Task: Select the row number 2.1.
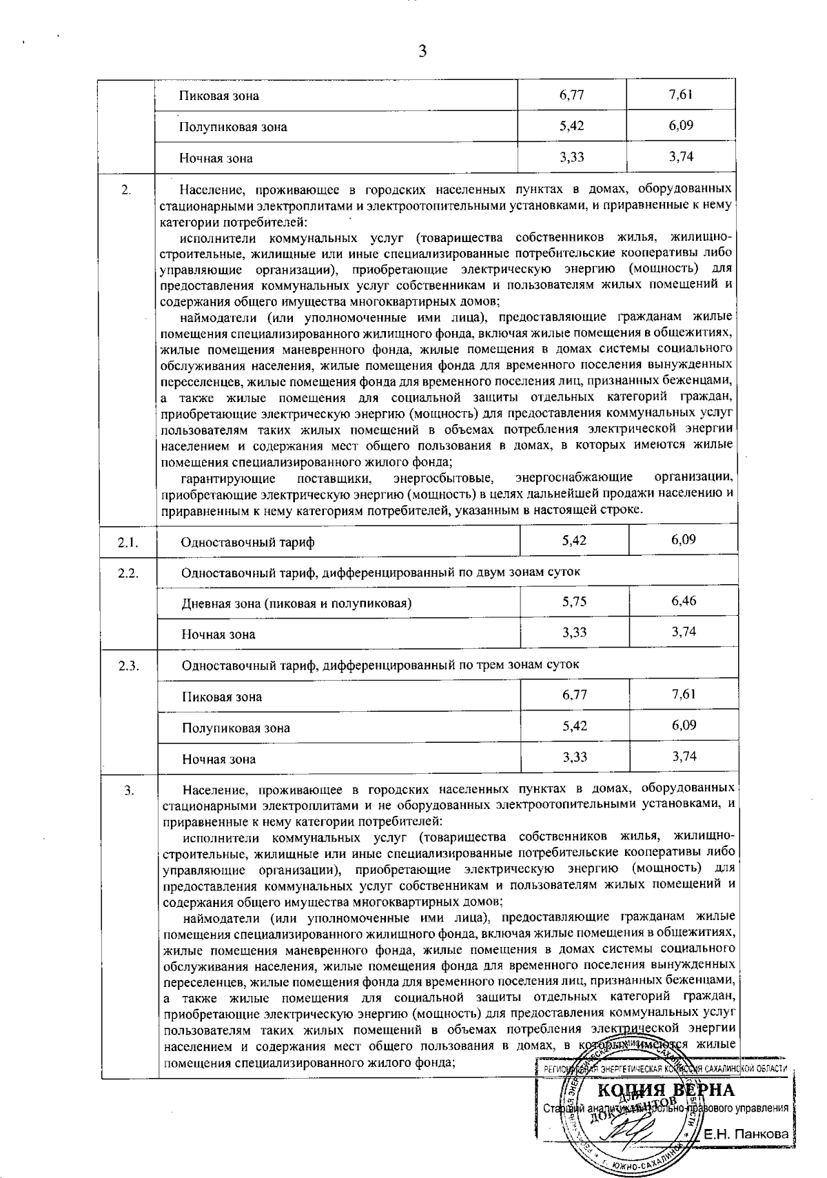click(128, 542)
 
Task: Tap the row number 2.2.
click(128, 572)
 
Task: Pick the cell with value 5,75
click(574, 601)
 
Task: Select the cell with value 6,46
click(684, 601)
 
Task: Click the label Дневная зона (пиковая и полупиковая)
click(296, 603)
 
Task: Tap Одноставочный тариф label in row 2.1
click(247, 542)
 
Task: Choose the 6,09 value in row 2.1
click(684, 539)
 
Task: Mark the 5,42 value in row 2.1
click(574, 539)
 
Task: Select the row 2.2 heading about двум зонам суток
click(380, 572)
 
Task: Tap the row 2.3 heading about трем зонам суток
click(380, 665)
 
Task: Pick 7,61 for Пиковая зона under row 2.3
click(684, 694)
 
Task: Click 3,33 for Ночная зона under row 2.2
click(574, 632)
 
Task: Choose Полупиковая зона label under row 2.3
click(236, 728)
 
